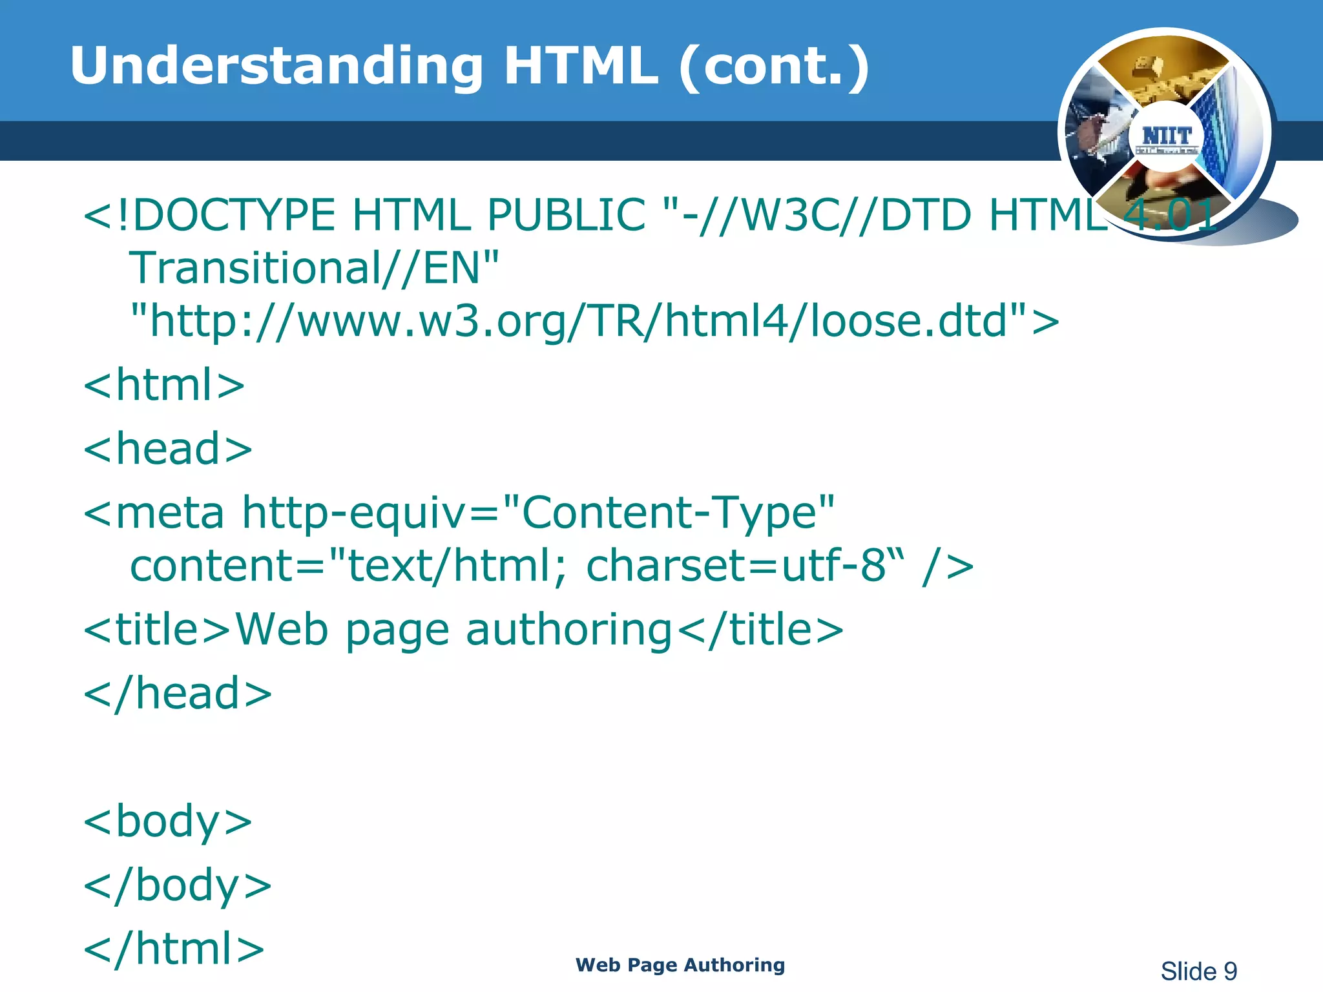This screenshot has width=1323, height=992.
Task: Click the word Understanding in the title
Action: click(276, 66)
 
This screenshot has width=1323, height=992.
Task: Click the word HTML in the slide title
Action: click(580, 66)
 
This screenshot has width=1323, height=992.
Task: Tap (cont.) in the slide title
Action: click(774, 67)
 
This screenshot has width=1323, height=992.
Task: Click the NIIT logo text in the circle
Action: click(1166, 136)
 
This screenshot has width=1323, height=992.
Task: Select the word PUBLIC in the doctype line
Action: click(566, 214)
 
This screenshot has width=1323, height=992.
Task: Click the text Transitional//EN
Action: click(314, 267)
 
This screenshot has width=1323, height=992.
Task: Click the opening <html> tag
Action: click(164, 385)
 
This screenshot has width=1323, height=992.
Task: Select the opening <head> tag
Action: click(168, 448)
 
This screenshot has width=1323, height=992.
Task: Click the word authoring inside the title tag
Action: click(568, 630)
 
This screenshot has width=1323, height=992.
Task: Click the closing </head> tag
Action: click(178, 693)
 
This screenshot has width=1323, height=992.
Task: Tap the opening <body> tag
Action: click(168, 821)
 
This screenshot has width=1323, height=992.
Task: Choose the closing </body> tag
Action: click(178, 885)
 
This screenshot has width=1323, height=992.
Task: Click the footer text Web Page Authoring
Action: click(680, 965)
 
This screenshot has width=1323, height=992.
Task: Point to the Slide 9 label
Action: click(1198, 971)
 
